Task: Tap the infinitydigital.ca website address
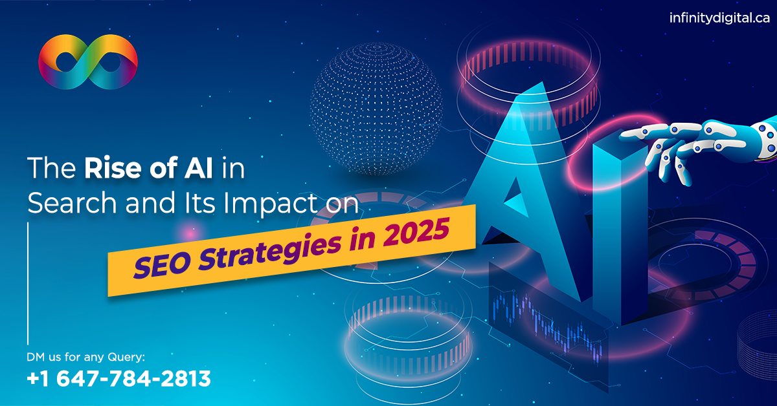(x=719, y=18)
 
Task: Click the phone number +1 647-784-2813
(x=118, y=378)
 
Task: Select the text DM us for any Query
(x=85, y=357)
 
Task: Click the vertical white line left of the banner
(x=28, y=283)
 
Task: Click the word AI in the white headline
(x=198, y=168)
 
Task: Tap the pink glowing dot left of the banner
(x=190, y=234)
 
